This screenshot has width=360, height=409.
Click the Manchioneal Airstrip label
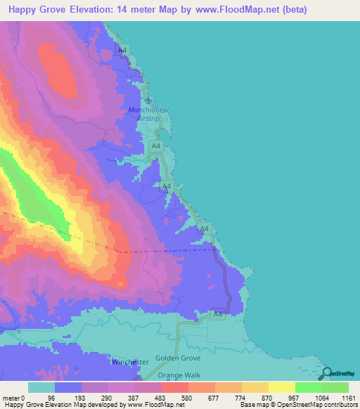[x=146, y=114]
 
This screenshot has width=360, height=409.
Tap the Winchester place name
[x=130, y=362]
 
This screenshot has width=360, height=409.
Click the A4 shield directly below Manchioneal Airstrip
[x=156, y=145]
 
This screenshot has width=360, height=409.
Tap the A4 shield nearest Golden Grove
[x=218, y=314]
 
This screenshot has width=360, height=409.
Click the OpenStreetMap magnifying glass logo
[x=326, y=374]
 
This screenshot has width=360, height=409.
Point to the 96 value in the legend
[x=51, y=398]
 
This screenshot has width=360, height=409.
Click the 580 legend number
[x=186, y=398]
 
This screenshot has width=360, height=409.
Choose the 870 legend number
[x=268, y=398]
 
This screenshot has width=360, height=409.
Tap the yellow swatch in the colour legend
[x=282, y=387]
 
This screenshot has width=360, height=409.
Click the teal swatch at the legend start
[x=41, y=387]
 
